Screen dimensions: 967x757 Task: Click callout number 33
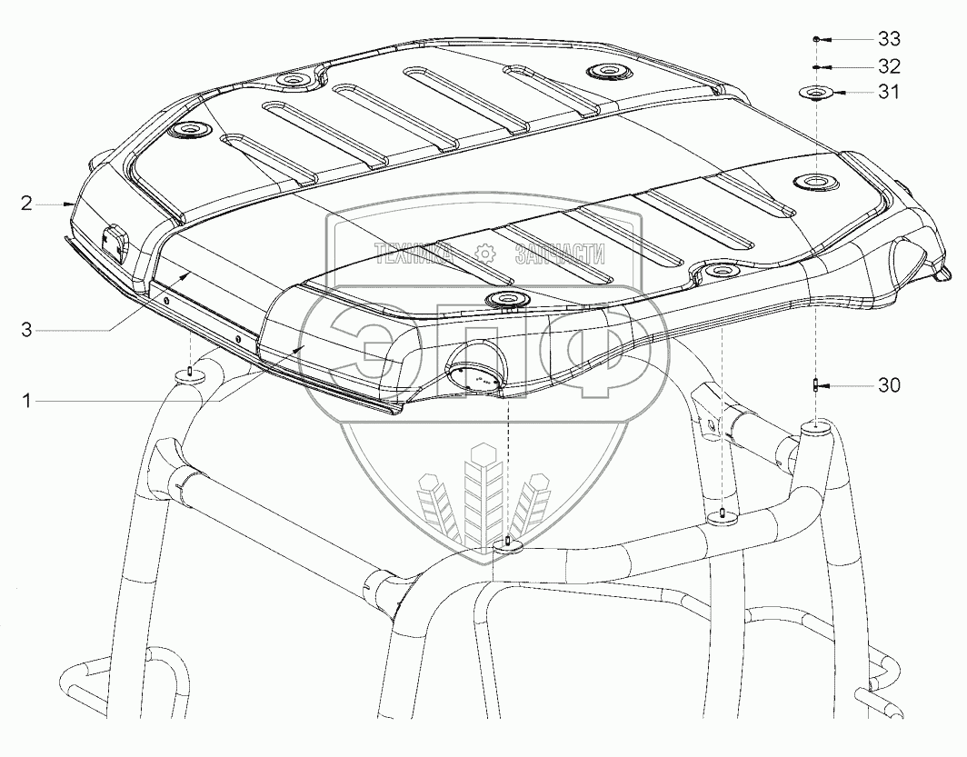click(889, 39)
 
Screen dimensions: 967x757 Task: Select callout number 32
click(889, 66)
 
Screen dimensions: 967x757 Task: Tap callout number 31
click(889, 93)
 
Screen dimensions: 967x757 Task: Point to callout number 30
click(888, 385)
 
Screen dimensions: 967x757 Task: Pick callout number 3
click(28, 331)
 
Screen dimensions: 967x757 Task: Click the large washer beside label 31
click(815, 92)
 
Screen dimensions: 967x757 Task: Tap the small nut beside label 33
click(816, 40)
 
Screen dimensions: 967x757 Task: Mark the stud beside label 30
click(815, 385)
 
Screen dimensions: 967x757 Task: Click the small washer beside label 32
click(816, 67)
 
